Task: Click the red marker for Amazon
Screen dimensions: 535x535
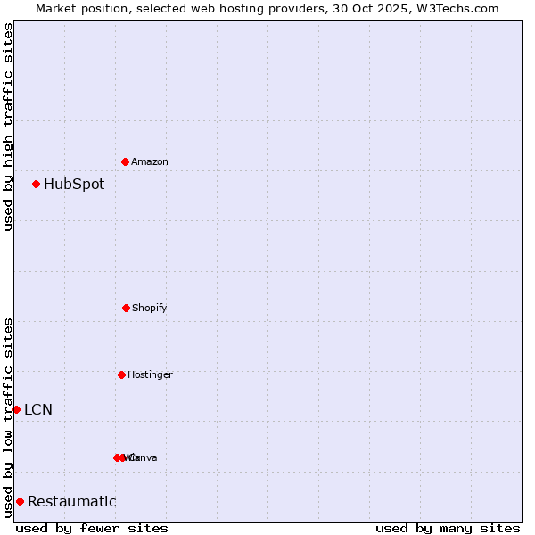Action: click(x=125, y=161)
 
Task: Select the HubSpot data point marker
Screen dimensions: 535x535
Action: click(x=36, y=184)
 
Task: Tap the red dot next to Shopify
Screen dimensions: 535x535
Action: click(x=126, y=308)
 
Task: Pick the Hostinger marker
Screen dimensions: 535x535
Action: click(x=121, y=374)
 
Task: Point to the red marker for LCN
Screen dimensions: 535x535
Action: click(x=16, y=409)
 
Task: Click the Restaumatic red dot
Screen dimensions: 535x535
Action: click(x=20, y=501)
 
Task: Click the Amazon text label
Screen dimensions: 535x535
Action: click(x=150, y=161)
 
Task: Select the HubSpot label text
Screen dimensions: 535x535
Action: click(x=74, y=185)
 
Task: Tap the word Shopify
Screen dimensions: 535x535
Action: click(x=150, y=308)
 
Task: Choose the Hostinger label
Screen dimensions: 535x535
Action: click(x=150, y=374)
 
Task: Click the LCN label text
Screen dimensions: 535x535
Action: click(x=38, y=410)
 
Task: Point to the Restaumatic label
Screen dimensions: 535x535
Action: click(x=72, y=502)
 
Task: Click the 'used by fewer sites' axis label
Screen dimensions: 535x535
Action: click(x=92, y=528)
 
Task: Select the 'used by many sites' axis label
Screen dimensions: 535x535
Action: click(x=448, y=528)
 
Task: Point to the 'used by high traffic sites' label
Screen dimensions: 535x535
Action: click(x=8, y=127)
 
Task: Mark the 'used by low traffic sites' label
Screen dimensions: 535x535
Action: click(x=8, y=417)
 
